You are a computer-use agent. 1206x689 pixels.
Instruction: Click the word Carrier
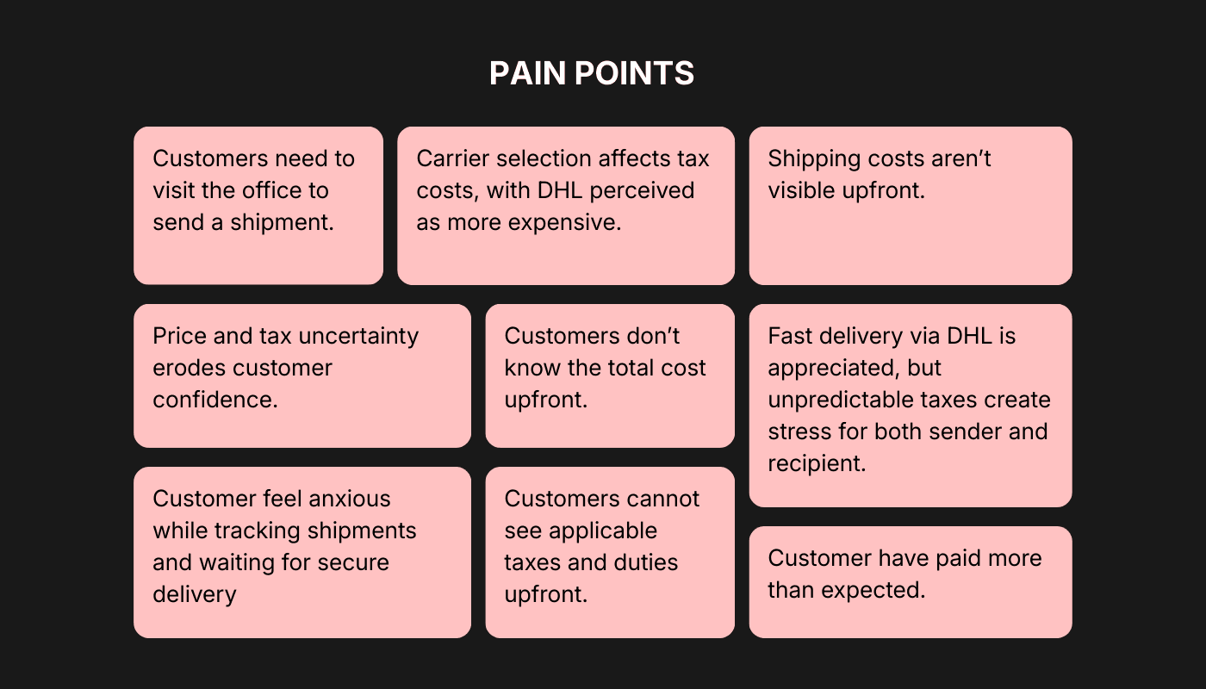click(457, 158)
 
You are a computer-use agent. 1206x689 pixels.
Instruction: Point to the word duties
click(639, 562)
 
